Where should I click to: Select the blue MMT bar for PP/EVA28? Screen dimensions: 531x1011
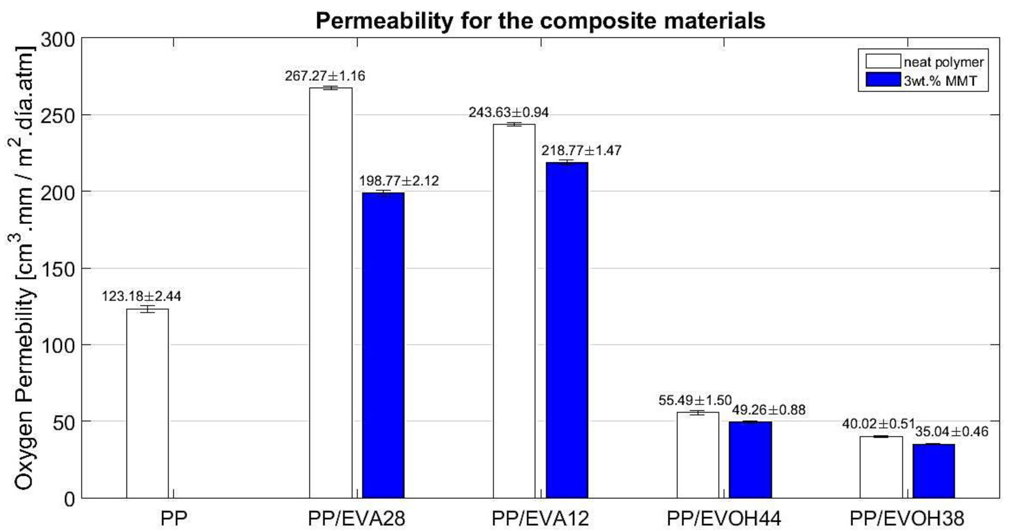coord(383,345)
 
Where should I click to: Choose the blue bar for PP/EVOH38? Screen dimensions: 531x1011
coord(934,471)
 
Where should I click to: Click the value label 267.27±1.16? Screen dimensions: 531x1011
coord(325,76)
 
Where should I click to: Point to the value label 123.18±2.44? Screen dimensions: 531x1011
coord(141,296)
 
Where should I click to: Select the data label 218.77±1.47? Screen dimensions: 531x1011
coord(581,151)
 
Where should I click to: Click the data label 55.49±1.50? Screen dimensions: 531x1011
coord(695,400)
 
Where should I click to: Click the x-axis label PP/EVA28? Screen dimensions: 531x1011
coord(356,518)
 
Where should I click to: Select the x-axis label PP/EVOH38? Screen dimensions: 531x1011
coord(907,518)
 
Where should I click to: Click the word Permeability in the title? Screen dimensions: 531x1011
coord(384,21)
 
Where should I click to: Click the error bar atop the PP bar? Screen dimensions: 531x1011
coord(147,309)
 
